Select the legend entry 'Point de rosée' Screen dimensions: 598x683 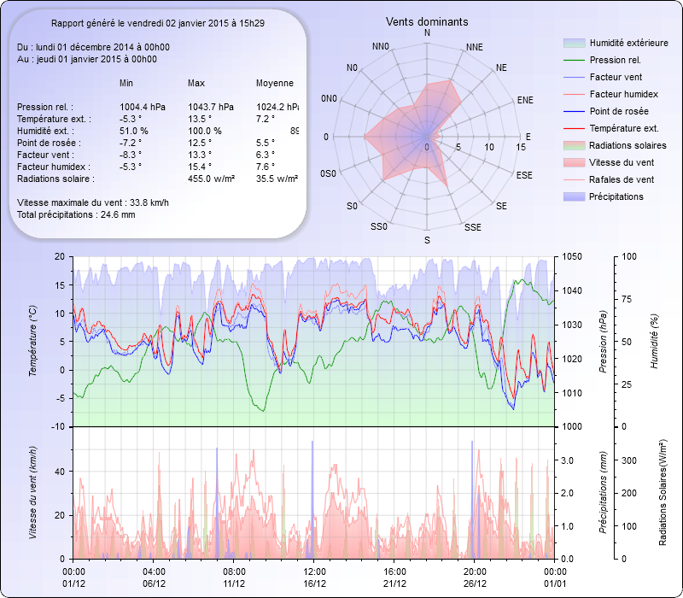[x=618, y=112]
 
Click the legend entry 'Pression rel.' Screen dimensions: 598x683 [x=615, y=61]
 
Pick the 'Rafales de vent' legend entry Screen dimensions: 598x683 [x=622, y=180]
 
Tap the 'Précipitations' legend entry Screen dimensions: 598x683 [x=616, y=197]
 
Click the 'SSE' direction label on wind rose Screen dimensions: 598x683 [x=472, y=228]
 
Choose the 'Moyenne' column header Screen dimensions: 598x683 [x=275, y=84]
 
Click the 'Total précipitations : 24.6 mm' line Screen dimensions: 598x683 [x=76, y=215]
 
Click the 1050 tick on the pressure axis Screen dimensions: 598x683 [x=571, y=256]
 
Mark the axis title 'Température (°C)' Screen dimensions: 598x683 [x=32, y=342]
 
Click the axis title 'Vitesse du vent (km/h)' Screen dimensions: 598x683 [x=32, y=492]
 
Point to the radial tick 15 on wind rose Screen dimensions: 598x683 [x=521, y=147]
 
